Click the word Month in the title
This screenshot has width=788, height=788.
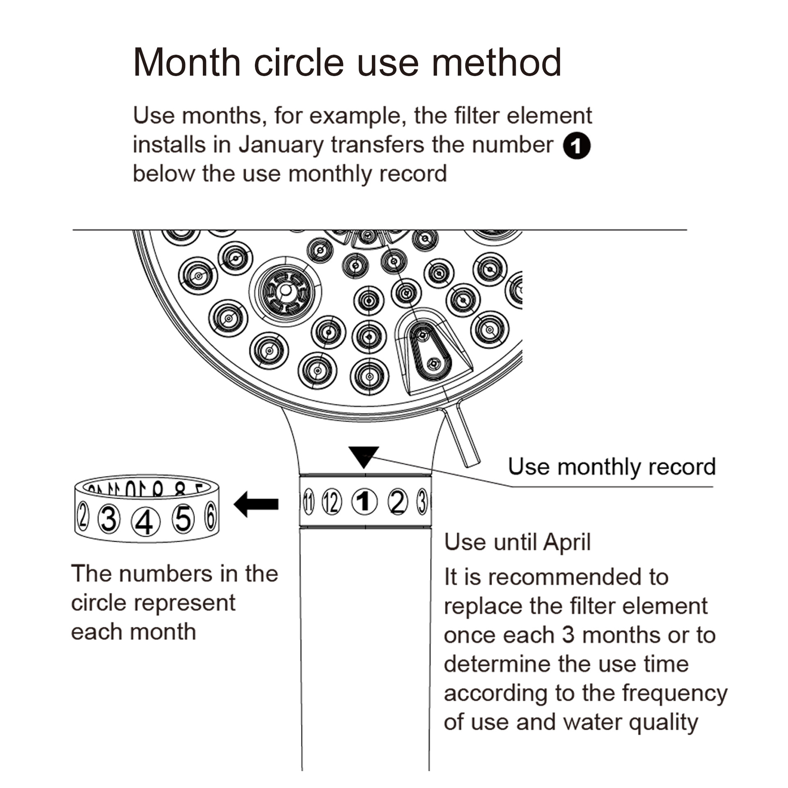[187, 62]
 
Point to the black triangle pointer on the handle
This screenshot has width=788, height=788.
[363, 456]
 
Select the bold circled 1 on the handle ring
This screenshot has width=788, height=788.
[364, 502]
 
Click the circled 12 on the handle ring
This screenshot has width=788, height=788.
[332, 502]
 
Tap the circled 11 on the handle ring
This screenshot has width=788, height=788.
[309, 502]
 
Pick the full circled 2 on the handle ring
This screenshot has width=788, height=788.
[397, 502]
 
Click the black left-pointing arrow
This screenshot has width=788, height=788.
[257, 504]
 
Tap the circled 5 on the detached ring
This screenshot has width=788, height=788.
[183, 519]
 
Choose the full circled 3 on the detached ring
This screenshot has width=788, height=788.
[109, 519]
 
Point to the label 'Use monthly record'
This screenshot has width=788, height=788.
[612, 467]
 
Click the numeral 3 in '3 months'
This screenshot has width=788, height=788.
[568, 635]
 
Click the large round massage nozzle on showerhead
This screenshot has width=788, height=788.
[285, 291]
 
